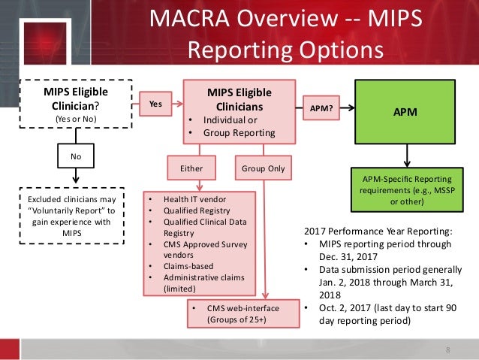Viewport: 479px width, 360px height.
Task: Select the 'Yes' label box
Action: point(155,106)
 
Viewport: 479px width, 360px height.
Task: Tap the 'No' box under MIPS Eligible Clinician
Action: point(75,159)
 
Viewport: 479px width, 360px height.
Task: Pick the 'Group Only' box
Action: point(263,168)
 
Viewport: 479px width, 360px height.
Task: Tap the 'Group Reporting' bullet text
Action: point(235,133)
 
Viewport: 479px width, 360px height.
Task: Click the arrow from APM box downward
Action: point(406,156)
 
